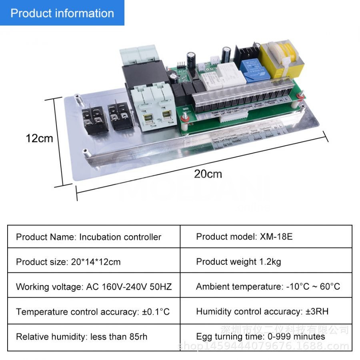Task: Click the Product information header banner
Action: click(x=62, y=13)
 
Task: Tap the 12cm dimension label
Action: click(x=39, y=138)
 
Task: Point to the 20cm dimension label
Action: click(x=208, y=174)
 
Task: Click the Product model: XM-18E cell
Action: click(x=266, y=237)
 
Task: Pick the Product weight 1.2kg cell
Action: click(x=266, y=262)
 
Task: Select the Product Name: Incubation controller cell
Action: click(x=94, y=237)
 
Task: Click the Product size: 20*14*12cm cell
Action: click(x=94, y=262)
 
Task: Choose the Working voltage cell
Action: click(x=94, y=287)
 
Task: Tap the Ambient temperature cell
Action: click(x=266, y=286)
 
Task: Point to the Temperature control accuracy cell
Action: click(x=94, y=312)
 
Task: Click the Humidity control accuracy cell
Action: click(x=266, y=312)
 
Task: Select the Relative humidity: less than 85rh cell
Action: click(x=94, y=337)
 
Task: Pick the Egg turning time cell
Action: click(x=266, y=337)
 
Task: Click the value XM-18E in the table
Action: click(x=276, y=237)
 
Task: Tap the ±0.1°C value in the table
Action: click(x=156, y=312)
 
